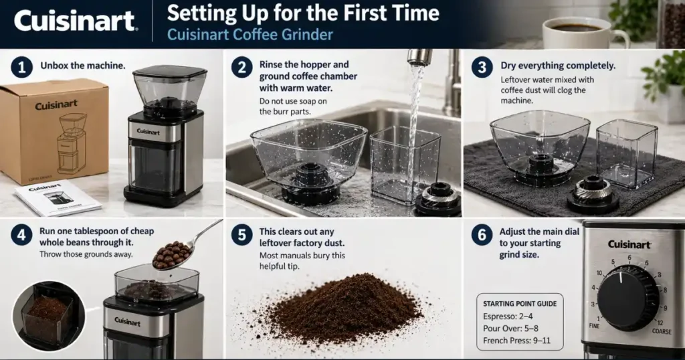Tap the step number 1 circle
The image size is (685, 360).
[x=21, y=67]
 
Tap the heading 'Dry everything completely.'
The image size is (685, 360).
[x=557, y=66]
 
